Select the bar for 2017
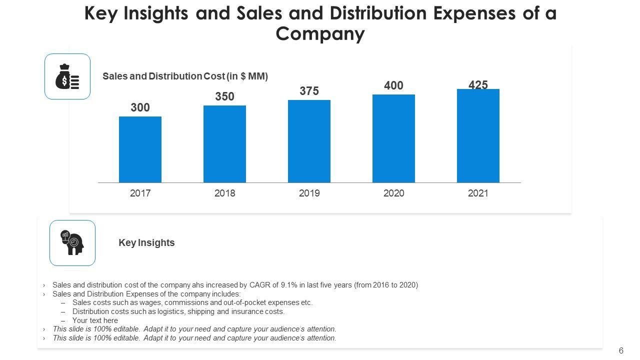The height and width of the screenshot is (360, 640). [x=140, y=149]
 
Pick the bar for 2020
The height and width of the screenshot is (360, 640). [x=393, y=138]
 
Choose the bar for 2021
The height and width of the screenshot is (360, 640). [x=478, y=135]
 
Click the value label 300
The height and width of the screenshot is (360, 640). [x=140, y=108]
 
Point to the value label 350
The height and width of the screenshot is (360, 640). [x=224, y=97]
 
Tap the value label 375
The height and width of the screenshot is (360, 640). [x=309, y=91]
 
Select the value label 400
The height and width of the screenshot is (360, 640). [x=393, y=86]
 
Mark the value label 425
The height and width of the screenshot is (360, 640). [x=478, y=85]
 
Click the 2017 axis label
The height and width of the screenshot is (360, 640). [x=140, y=193]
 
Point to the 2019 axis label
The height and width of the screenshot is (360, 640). [x=309, y=193]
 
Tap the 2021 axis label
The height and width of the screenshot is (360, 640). [x=478, y=193]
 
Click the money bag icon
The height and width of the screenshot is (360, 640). [x=67, y=76]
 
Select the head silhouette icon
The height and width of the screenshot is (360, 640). [x=72, y=243]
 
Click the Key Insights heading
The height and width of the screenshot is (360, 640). [x=146, y=243]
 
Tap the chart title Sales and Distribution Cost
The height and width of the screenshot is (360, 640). [x=185, y=76]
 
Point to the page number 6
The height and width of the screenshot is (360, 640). [x=621, y=350]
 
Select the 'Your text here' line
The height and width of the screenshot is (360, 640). [x=95, y=320]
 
